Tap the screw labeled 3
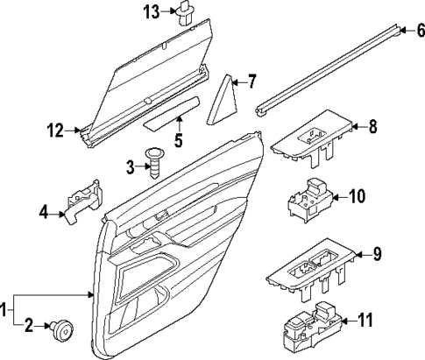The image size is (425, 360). (156, 164)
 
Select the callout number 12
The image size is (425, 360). (53, 133)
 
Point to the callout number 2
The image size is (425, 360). (27, 327)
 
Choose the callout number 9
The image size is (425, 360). (377, 255)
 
